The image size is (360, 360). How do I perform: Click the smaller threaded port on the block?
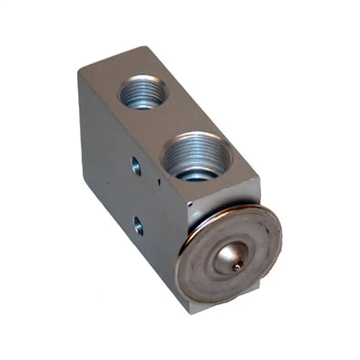click(143, 92)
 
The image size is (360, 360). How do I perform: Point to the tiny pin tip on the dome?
click(236, 267)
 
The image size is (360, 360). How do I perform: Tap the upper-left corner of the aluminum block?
click(79, 72)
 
